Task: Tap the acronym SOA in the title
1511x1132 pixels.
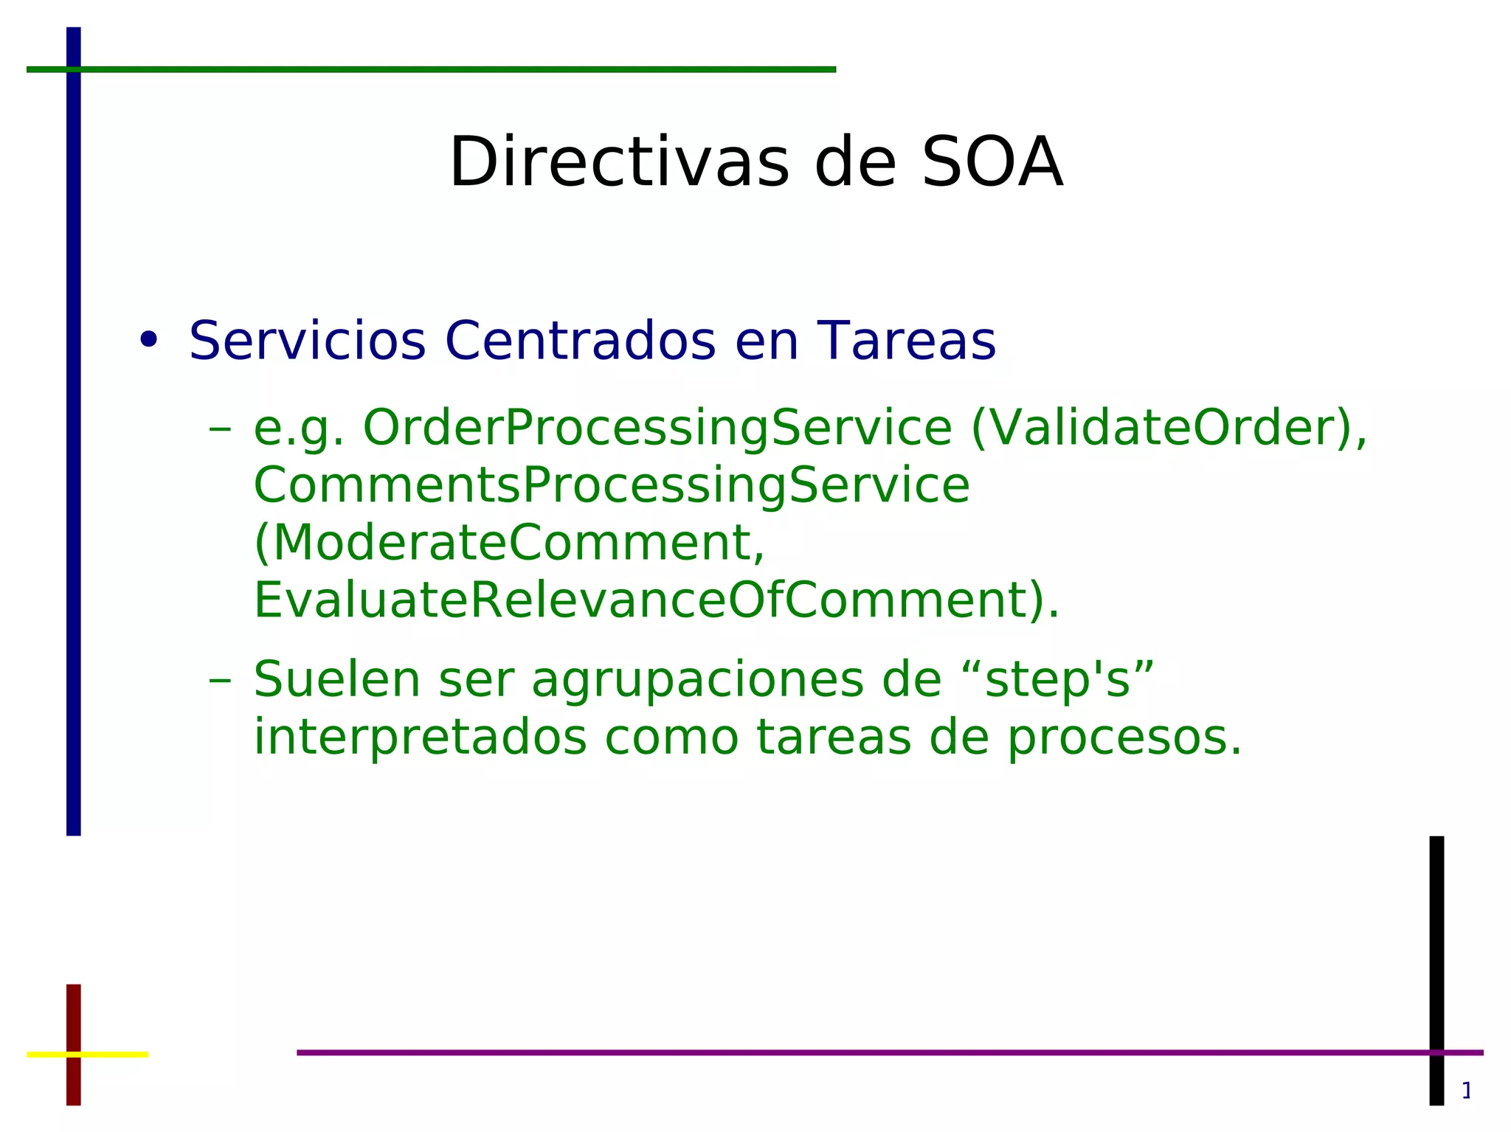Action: point(992,163)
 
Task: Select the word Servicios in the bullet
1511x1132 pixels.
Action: point(307,341)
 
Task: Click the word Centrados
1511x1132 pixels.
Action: point(580,341)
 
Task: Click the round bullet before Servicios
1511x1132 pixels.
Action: point(149,340)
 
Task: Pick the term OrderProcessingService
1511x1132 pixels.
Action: point(657,428)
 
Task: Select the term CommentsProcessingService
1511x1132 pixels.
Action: point(612,486)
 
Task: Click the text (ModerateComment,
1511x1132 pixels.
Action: point(509,544)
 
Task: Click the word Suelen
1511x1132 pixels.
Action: point(336,679)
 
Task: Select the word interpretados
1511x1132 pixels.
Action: point(420,737)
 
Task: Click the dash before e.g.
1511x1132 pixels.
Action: point(219,429)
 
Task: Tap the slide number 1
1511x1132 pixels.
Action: point(1466,1091)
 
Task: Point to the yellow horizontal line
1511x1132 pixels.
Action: point(111,1055)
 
